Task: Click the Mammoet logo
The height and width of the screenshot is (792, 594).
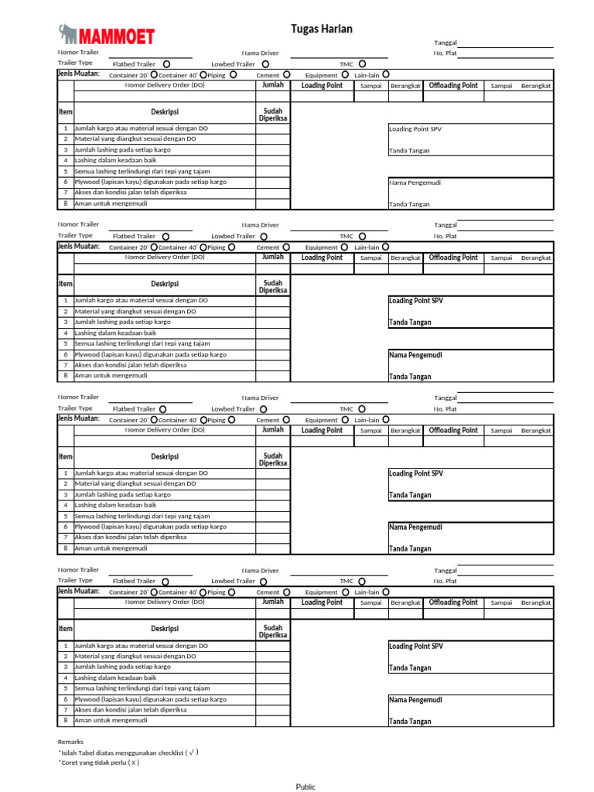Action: pyautogui.click(x=107, y=35)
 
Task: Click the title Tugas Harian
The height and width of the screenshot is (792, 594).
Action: pyautogui.click(x=321, y=29)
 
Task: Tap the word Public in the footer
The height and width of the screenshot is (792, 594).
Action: pyautogui.click(x=306, y=787)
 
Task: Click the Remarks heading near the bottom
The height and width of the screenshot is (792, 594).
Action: pyautogui.click(x=70, y=741)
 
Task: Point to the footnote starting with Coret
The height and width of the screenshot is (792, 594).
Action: pyautogui.click(x=98, y=762)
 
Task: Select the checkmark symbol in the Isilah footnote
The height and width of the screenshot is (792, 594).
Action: pyautogui.click(x=191, y=751)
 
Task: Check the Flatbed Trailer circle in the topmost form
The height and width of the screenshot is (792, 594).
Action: pyautogui.click(x=166, y=63)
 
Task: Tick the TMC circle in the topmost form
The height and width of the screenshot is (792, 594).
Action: pyautogui.click(x=362, y=63)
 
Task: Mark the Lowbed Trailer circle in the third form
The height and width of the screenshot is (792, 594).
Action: pyautogui.click(x=265, y=408)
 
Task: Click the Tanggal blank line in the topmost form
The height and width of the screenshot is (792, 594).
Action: pyautogui.click(x=507, y=42)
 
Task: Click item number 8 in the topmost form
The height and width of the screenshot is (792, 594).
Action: pyautogui.click(x=66, y=203)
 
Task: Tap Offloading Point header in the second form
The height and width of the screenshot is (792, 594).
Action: pyautogui.click(x=453, y=258)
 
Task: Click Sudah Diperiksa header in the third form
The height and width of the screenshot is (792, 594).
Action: pyautogui.click(x=272, y=459)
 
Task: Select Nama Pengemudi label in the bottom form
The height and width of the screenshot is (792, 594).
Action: pyautogui.click(x=415, y=699)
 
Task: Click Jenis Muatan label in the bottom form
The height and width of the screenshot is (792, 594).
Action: pyautogui.click(x=78, y=591)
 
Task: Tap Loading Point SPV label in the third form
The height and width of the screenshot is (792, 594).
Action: pyautogui.click(x=415, y=473)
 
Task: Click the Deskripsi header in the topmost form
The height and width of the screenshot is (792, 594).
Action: pyautogui.click(x=165, y=112)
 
